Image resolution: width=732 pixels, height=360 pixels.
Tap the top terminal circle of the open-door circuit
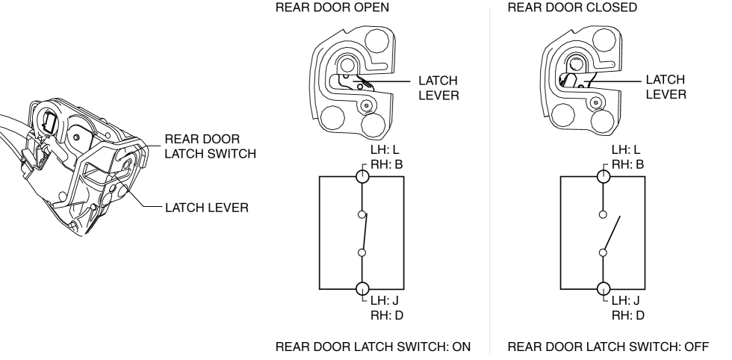[362, 177]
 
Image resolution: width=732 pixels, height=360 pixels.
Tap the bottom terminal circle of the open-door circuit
[362, 288]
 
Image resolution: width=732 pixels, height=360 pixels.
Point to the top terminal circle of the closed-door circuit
[604, 177]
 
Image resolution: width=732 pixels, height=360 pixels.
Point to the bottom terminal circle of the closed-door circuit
[604, 288]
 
